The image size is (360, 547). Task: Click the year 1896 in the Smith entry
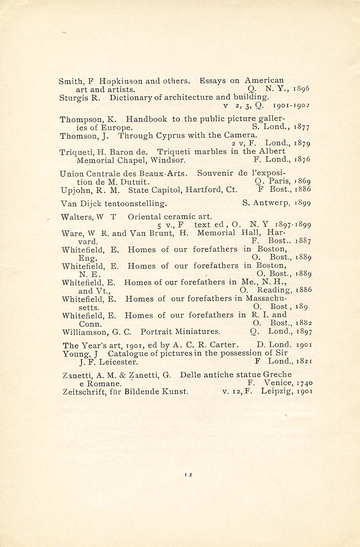point(301,89)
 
